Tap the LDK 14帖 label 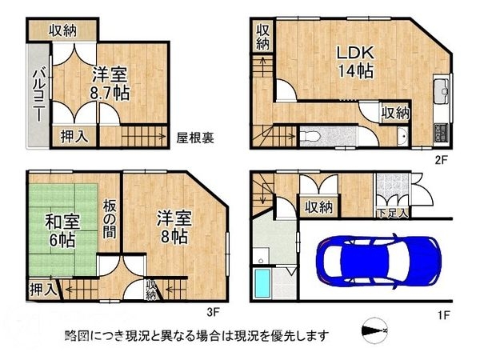tap(354, 61)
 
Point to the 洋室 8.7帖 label tap(110, 83)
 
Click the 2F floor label tap(439, 160)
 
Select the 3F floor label tap(212, 313)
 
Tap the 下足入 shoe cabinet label tap(393, 213)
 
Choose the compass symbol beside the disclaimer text tap(374, 330)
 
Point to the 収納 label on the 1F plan tap(318, 207)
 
